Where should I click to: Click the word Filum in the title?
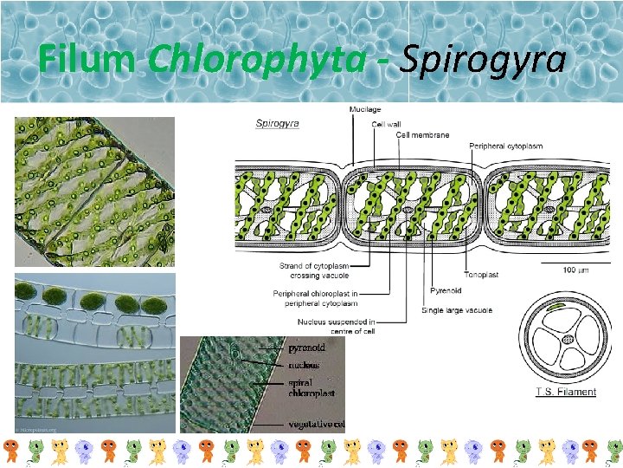pos(87,60)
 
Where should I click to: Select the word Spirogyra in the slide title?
pos(485,60)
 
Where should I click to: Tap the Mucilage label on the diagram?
pos(365,110)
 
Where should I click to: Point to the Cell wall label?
pos(386,124)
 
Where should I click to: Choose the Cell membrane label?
pos(423,134)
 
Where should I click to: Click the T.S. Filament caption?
pos(565,392)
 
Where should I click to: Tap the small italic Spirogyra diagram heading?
pos(277,123)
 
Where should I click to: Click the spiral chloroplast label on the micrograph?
pos(309,387)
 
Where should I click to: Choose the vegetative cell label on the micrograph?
pos(316,425)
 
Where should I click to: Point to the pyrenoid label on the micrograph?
pos(306,347)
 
